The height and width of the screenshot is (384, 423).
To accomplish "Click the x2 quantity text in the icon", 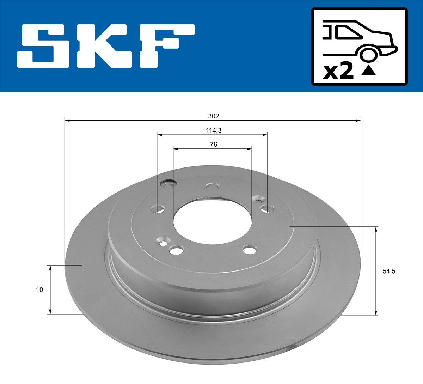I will tap(338, 71).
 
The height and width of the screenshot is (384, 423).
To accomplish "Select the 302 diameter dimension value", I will tap(214, 116).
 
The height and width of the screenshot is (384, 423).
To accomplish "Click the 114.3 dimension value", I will tap(214, 130).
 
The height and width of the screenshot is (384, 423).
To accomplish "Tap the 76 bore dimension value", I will tap(213, 144).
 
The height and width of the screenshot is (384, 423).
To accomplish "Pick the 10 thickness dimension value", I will tap(39, 289).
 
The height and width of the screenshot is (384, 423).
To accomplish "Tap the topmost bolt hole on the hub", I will tap(212, 186).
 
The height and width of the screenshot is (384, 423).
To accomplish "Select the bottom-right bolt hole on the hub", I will tap(250, 250).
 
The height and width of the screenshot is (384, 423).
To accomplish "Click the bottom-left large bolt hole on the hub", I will tap(176, 251).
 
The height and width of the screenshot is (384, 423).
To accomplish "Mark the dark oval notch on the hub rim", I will tap(168, 183).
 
